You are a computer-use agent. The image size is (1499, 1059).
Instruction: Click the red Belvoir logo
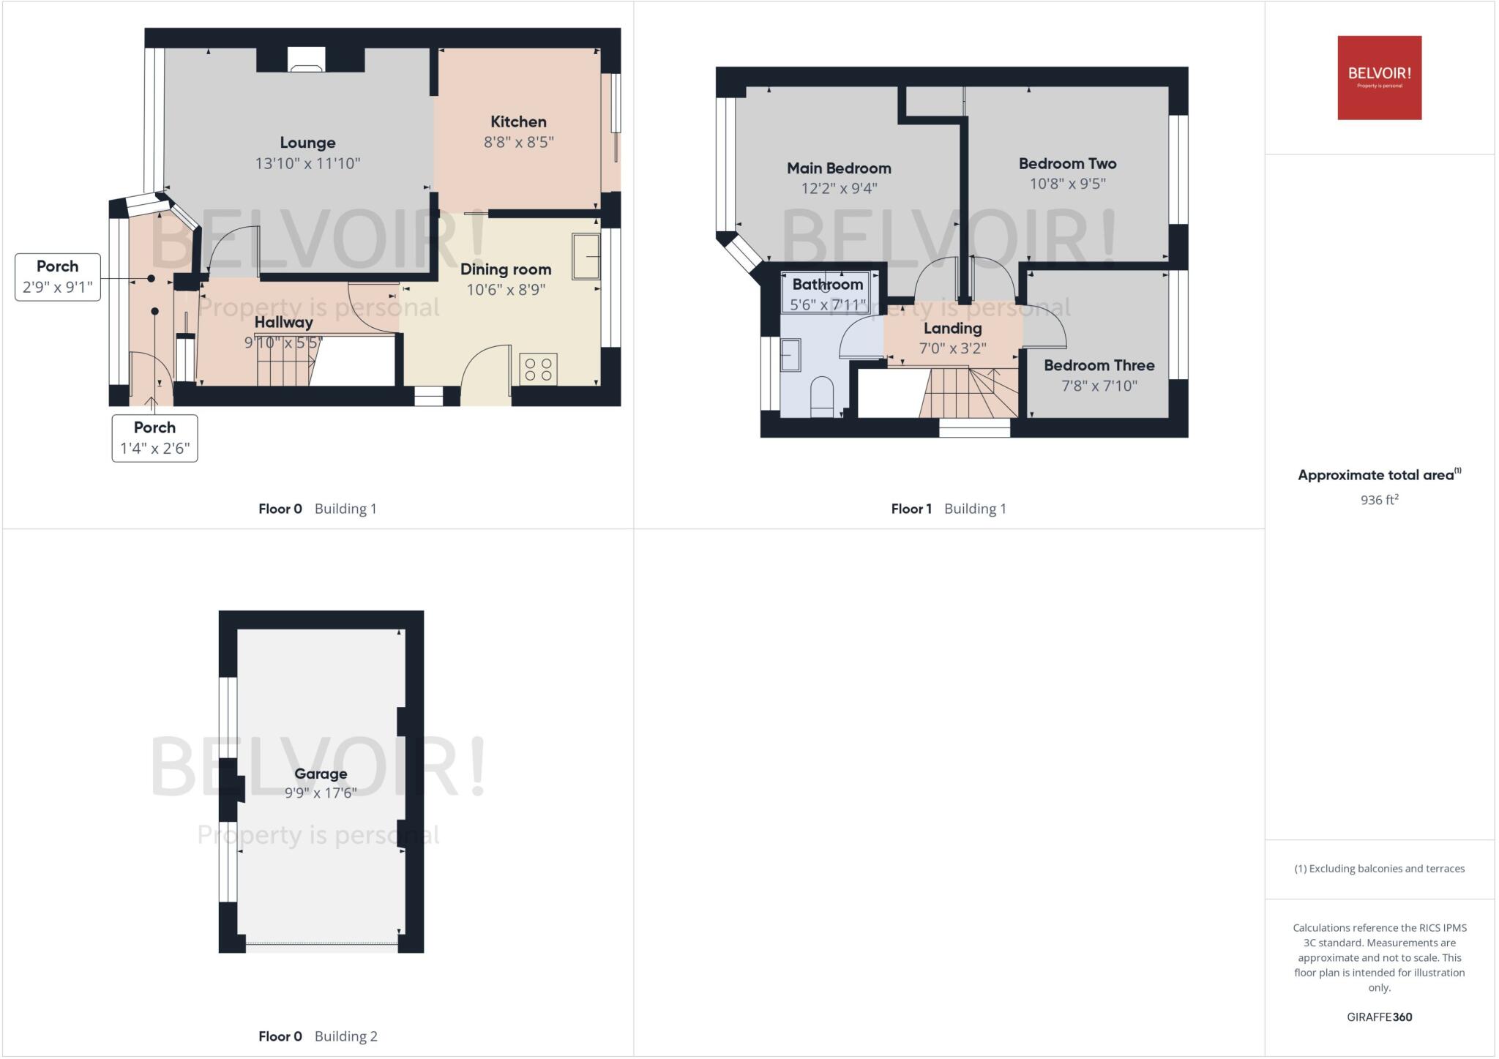[x=1379, y=78]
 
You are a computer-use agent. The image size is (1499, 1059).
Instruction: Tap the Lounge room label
[x=307, y=143]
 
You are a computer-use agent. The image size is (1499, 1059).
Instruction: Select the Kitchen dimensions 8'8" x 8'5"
[x=518, y=142]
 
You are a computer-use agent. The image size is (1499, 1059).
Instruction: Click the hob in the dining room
[x=538, y=370]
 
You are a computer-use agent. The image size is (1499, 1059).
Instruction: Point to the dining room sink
[x=586, y=256]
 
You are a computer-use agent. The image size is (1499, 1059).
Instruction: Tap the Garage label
[x=321, y=774]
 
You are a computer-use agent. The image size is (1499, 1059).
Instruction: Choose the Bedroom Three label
[x=1099, y=365]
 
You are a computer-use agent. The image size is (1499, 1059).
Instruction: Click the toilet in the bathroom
[x=822, y=396]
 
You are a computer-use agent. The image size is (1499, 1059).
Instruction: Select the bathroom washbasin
[x=790, y=355]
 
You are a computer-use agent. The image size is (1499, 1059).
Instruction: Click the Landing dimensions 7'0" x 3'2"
[x=952, y=348]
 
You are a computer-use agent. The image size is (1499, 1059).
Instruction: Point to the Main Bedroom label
[x=839, y=168]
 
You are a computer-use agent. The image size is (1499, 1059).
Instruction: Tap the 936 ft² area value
[x=1379, y=500]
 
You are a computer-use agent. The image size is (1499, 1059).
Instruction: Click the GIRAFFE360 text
[x=1379, y=1017]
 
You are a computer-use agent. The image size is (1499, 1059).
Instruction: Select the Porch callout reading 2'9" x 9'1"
[x=58, y=277]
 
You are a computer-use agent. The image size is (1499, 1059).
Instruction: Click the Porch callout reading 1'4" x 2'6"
[x=154, y=438]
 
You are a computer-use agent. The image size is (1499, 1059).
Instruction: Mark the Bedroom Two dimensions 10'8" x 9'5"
[x=1067, y=184]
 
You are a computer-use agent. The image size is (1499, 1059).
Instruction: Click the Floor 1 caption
[x=911, y=509]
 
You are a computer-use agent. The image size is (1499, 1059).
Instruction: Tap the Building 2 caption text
[x=345, y=1036]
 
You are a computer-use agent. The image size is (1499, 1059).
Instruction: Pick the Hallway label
[x=283, y=322]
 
